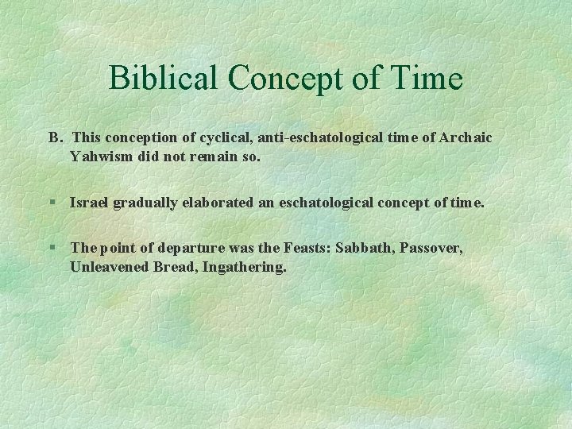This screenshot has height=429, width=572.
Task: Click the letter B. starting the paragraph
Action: (55, 137)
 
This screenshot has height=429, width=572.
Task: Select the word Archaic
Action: (464, 137)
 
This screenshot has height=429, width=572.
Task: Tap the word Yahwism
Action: (102, 157)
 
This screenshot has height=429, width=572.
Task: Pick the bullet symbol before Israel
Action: (52, 203)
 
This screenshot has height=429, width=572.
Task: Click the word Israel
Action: (89, 203)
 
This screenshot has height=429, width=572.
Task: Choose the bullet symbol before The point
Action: (52, 249)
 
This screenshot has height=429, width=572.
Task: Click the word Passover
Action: (431, 249)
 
